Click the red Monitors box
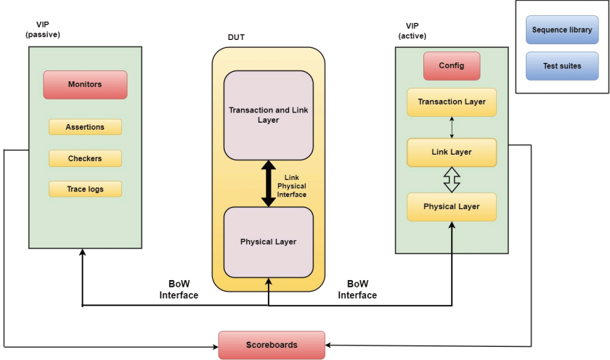tap(85, 85)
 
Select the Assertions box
tap(85, 127)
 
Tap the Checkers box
tap(85, 158)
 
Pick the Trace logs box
tap(85, 189)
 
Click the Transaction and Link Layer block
tap(269, 115)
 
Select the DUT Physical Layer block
tap(269, 242)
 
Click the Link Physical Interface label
tap(292, 186)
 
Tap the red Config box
tap(452, 66)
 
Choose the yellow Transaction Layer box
tap(452, 102)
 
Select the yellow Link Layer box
tap(452, 152)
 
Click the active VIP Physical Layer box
tap(452, 207)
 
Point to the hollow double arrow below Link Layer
tap(452, 179)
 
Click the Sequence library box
tap(562, 30)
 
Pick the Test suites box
tap(562, 66)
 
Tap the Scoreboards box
tap(272, 345)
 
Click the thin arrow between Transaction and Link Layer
tap(452, 127)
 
